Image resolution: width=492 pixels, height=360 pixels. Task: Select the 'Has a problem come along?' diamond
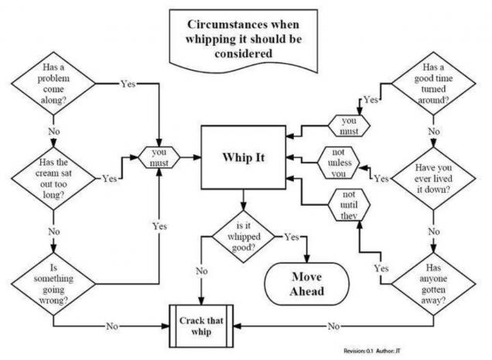pos(51,84)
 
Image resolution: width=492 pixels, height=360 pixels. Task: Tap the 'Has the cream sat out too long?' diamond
pos(51,177)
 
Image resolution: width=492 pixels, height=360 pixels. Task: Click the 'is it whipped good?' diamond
pos(247,236)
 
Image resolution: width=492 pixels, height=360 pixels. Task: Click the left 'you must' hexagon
pos(157,157)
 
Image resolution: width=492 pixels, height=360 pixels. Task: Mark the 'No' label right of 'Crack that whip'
pos(334,326)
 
